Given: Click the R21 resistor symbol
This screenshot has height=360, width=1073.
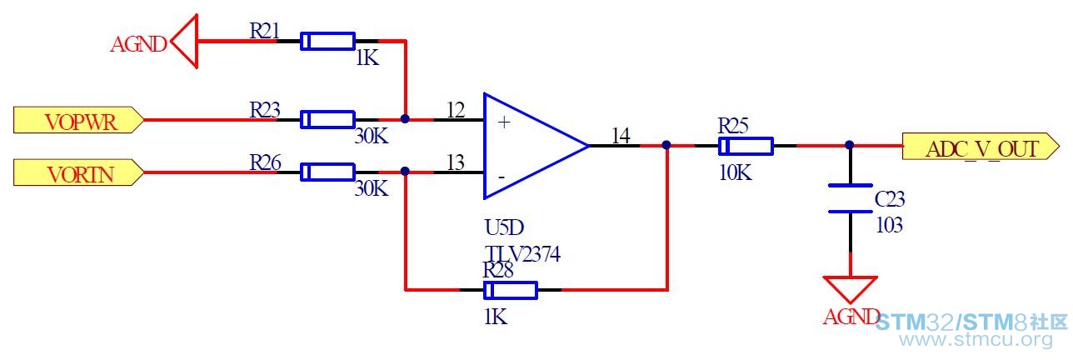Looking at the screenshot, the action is click(327, 41).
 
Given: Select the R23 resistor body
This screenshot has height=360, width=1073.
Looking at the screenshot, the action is click(327, 119).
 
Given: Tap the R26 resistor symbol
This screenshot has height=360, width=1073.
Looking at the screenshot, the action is click(327, 172).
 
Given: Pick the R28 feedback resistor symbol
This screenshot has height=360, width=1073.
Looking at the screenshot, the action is click(511, 290).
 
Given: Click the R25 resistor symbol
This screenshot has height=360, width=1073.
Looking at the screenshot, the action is click(746, 146).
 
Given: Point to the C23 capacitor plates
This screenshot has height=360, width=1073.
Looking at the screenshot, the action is click(851, 198).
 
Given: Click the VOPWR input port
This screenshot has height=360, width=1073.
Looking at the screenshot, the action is click(78, 120).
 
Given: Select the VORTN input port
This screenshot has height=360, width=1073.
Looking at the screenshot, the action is click(78, 172).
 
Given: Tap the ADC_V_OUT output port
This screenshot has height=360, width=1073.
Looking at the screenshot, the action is click(981, 146).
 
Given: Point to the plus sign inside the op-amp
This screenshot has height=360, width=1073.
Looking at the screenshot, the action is click(504, 122).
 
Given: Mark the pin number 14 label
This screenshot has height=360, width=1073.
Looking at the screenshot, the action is click(621, 136).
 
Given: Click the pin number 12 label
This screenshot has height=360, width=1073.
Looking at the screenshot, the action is click(456, 110).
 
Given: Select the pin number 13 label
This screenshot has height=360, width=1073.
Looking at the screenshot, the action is click(456, 162).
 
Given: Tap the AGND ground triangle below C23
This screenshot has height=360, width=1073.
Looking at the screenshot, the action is click(851, 289).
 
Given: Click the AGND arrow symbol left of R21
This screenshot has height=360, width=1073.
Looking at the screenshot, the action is click(184, 41).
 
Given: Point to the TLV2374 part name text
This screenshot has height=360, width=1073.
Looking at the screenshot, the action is click(522, 253).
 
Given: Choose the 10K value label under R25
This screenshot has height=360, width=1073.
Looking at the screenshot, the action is click(736, 172).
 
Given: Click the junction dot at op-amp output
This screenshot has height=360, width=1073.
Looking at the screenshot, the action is click(666, 145).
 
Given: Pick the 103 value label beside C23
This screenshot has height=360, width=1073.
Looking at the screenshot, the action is click(889, 225).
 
